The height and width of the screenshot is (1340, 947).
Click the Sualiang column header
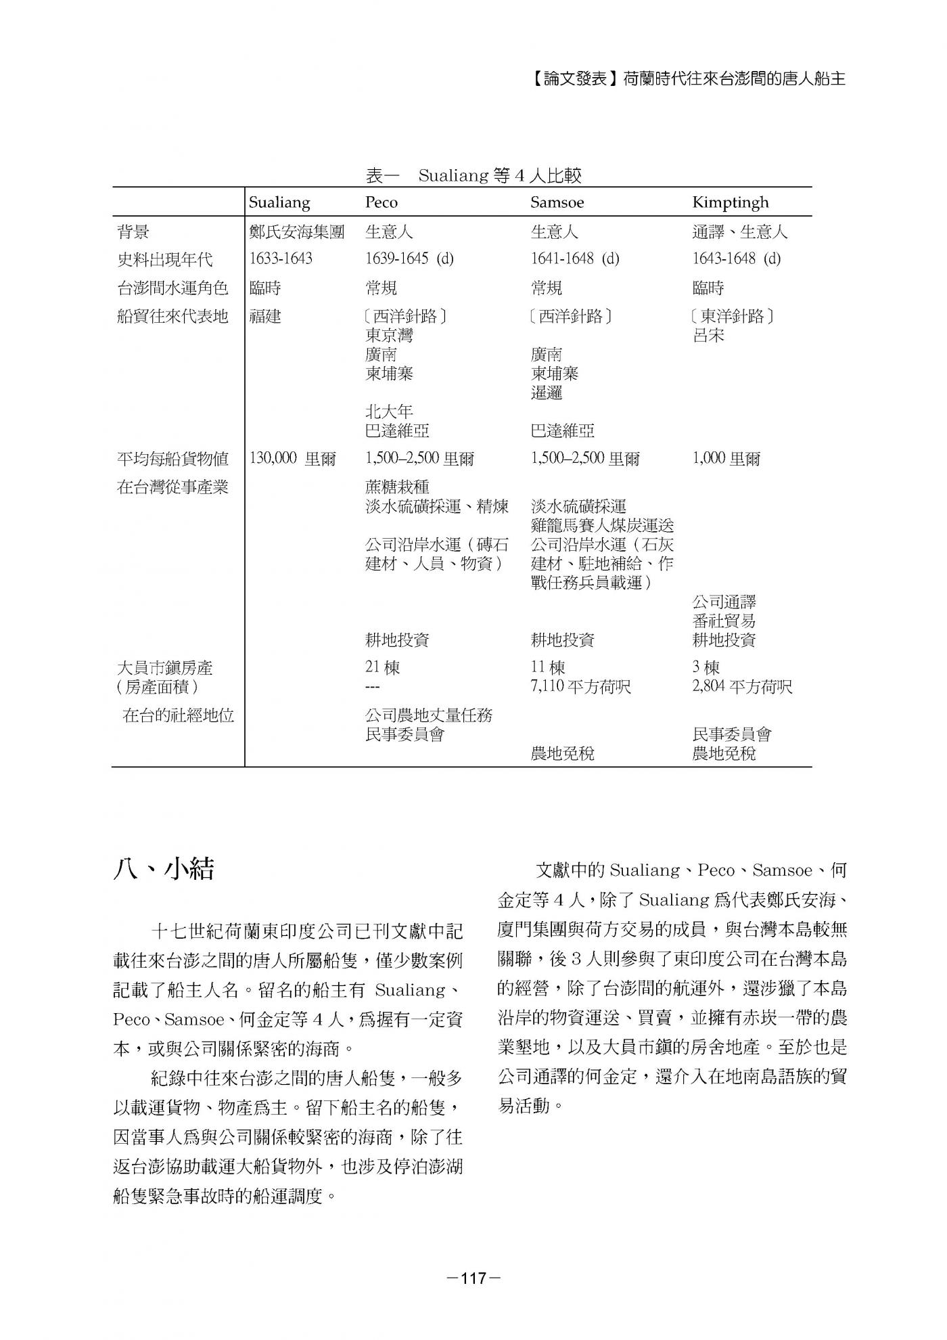point(279,202)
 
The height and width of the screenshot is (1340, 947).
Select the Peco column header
point(382,202)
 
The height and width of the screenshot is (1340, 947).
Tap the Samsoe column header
point(557,202)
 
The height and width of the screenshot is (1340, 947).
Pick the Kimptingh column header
point(731,202)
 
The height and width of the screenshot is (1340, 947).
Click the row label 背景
point(133,232)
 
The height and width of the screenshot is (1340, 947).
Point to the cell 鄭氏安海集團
point(297,232)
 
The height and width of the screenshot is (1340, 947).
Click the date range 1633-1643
point(281,259)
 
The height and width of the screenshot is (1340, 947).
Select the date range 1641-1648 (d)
point(575,259)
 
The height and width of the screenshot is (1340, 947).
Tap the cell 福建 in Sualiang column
point(265,316)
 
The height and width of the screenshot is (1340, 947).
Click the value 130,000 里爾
point(292,458)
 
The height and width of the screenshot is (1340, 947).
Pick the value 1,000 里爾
point(726,458)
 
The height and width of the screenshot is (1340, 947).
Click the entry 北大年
point(389,411)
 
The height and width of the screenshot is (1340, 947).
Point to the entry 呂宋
point(708,335)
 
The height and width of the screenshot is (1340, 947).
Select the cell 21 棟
point(382,667)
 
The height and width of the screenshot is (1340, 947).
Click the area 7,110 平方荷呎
point(580,686)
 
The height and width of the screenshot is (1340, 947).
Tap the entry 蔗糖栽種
point(397,487)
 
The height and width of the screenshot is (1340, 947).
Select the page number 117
point(473,1278)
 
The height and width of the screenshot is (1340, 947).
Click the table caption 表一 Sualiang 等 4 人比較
point(473,176)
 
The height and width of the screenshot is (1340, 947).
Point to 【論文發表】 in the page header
point(572,79)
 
